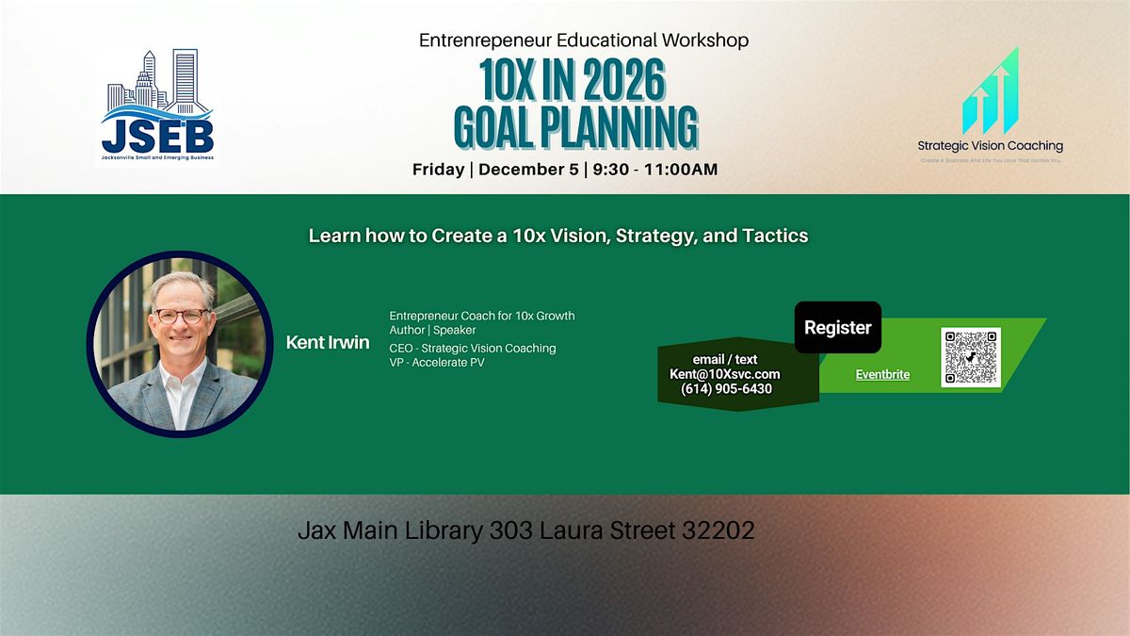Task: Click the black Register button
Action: coord(837,328)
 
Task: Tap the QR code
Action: coord(970,356)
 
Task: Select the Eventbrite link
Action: coord(882,374)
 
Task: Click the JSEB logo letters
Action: coord(157,134)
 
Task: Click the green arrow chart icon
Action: coord(990,91)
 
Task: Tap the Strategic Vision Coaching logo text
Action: coord(990,146)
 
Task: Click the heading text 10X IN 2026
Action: coord(573,84)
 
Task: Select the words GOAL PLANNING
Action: coord(575,127)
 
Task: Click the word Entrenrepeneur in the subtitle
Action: coord(476,41)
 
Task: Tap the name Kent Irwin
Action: coord(328,342)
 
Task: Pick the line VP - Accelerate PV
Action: coord(436,363)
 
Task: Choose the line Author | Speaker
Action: coord(432,330)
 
